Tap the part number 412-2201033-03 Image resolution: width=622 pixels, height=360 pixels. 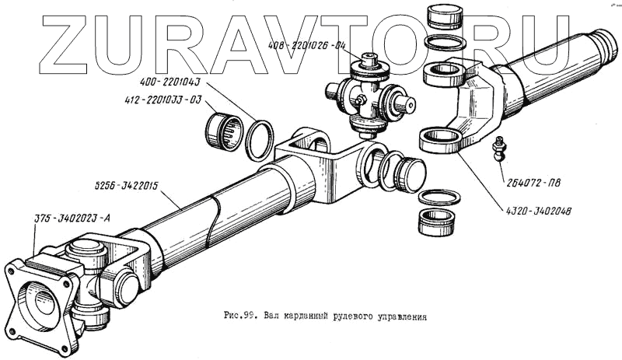pos(162,100)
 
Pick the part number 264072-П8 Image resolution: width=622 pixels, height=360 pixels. pos(536,184)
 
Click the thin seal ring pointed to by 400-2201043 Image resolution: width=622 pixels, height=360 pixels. pos(260,138)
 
